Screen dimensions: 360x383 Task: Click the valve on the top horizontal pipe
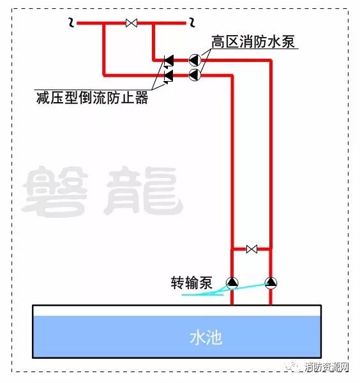131,23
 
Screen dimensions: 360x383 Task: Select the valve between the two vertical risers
251,249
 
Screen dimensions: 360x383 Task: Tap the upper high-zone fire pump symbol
195,60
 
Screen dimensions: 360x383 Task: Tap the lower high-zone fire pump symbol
195,75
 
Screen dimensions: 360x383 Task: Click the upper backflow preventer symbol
169,61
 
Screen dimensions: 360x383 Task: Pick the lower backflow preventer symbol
169,76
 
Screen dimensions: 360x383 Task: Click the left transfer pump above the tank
232,283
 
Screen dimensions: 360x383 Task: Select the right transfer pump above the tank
271,283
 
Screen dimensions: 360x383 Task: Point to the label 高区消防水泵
253,41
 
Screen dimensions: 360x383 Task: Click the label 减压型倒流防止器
93,98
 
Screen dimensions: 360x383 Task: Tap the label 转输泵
191,283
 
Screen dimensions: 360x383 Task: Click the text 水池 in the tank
206,338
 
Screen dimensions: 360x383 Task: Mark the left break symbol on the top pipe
71,22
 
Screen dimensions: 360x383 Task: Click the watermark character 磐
56,191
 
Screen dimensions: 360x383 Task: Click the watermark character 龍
144,190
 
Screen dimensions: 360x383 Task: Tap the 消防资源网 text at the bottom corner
327,367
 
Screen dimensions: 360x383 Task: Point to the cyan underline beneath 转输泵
202,295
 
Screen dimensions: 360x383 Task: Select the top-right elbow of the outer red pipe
271,61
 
